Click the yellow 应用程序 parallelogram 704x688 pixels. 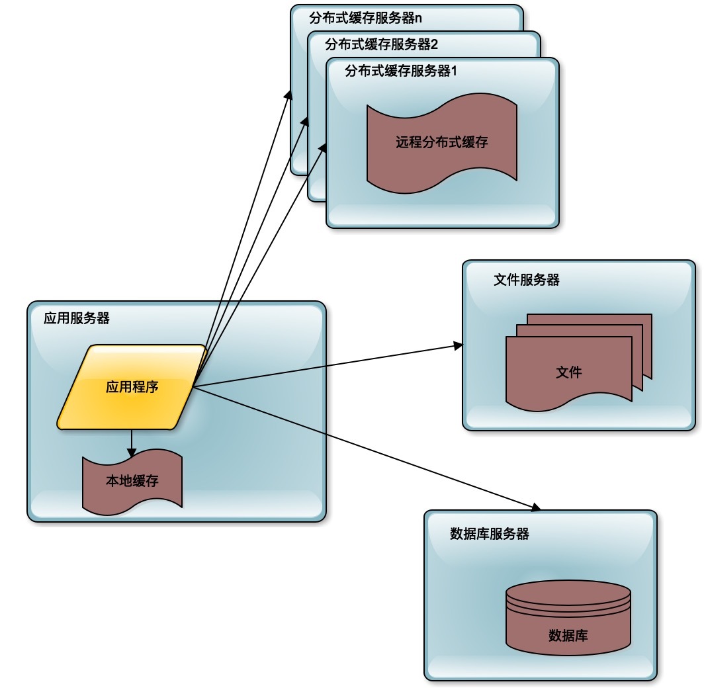[132, 387]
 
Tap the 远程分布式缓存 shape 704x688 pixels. [442, 142]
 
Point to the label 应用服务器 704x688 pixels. [77, 318]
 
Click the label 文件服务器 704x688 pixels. [527, 280]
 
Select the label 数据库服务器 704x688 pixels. [490, 534]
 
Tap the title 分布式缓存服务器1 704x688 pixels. [402, 71]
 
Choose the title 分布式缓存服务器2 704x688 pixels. [383, 45]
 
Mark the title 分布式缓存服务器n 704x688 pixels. [366, 18]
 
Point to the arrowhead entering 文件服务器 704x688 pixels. [458, 345]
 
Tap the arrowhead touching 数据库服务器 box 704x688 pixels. [536, 507]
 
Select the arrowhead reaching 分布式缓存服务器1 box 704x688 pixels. [325, 148]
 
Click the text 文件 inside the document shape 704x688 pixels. [569, 372]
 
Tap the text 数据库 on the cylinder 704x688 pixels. [568, 636]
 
